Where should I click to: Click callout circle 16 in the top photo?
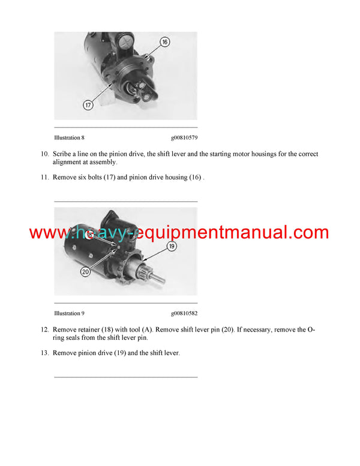(165, 42)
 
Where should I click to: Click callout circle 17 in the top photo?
(88, 105)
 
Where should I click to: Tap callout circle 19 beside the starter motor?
(171, 246)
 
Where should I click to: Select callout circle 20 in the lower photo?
(85, 271)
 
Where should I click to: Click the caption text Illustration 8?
(69, 138)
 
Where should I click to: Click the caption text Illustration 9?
(69, 313)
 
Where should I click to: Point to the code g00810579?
(184, 138)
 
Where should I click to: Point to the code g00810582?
(184, 313)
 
